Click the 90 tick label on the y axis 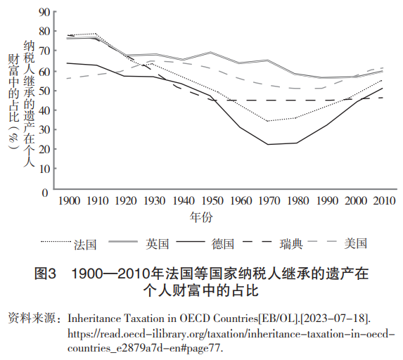pos(44,12)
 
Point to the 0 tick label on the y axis pos(45,193)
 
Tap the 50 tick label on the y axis pos(44,91)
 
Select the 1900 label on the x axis pos(70,200)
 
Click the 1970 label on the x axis pos(269,200)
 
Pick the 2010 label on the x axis pos(384,200)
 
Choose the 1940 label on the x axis pos(184,200)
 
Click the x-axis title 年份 pos(201,217)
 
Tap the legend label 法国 pos(85,245)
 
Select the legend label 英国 pos(158,244)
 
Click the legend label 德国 pos(223,244)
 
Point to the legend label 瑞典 pos(291,244)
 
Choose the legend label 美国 pos(356,243)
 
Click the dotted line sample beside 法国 pos(56,242)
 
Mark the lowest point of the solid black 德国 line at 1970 pos(268,144)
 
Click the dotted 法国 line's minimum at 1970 pos(268,121)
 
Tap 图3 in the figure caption pos(45,274)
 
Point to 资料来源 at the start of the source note pos(32,319)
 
